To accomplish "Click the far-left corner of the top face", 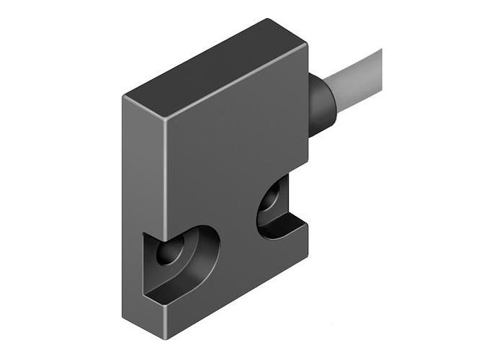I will (x=124, y=96).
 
